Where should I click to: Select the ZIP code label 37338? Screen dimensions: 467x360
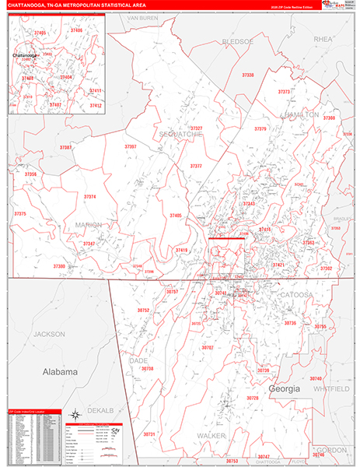[x=247, y=75]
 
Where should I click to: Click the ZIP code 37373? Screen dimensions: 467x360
[x=284, y=92]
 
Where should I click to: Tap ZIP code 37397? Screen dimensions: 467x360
[x=130, y=146]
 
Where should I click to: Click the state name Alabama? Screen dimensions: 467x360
[x=60, y=372]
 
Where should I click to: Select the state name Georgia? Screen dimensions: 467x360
[x=284, y=388]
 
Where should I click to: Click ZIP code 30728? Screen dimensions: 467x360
[x=253, y=398]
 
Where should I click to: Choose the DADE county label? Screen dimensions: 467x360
[x=138, y=360]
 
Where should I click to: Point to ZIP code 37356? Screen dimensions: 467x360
[x=30, y=174]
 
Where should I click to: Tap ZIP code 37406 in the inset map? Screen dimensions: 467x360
[x=75, y=30]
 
